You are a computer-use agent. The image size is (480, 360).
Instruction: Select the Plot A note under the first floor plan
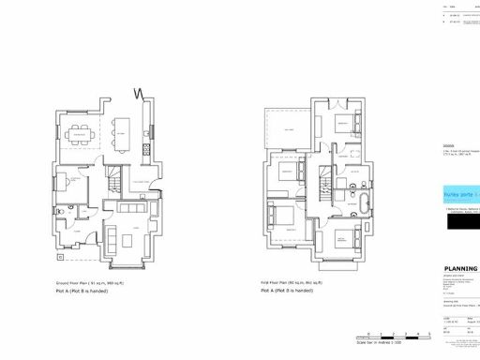pos(288,292)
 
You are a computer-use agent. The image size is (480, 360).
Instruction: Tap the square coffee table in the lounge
pos(129,228)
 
